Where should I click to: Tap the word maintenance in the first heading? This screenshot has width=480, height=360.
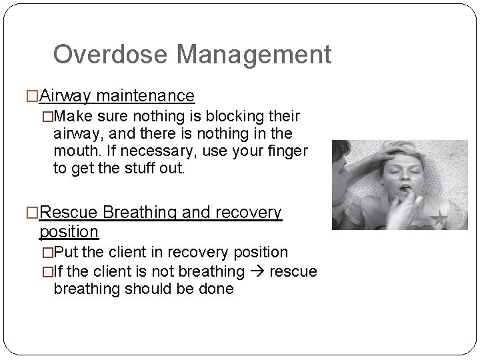pos(145,97)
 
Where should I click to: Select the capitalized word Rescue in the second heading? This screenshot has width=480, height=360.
pos(69,213)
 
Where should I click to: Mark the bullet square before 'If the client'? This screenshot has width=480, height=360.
pos(47,272)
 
